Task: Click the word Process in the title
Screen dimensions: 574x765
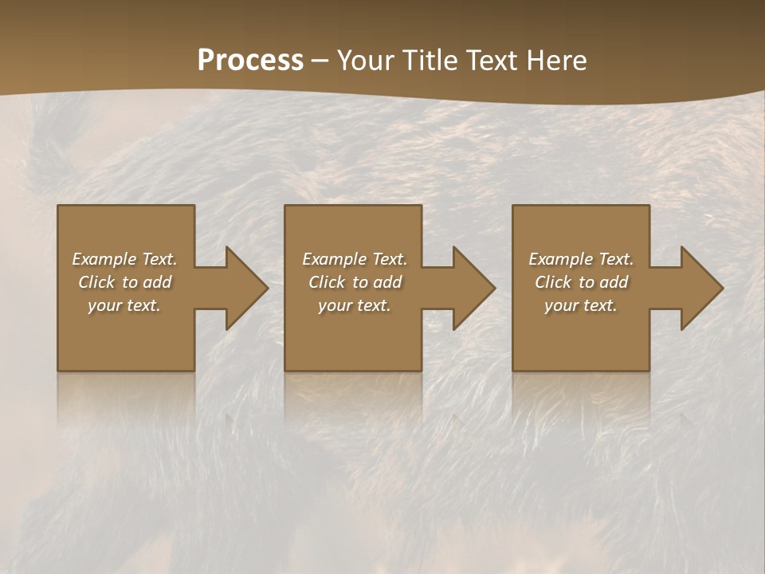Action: click(x=250, y=60)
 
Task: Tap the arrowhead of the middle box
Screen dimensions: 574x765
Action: click(x=473, y=289)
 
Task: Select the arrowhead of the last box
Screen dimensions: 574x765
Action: click(x=701, y=289)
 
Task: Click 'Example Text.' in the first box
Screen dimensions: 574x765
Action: click(x=124, y=259)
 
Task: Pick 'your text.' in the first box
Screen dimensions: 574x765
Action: click(x=124, y=305)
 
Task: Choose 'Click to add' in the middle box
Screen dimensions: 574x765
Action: click(x=355, y=282)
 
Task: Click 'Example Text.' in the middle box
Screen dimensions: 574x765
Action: click(x=355, y=259)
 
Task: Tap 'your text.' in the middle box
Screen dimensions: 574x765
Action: click(x=355, y=305)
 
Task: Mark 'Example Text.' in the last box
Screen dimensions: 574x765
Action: click(x=581, y=259)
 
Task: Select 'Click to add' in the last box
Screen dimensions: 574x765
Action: click(x=581, y=282)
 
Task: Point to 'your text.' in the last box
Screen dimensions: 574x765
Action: click(x=581, y=305)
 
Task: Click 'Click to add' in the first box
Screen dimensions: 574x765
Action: click(x=124, y=282)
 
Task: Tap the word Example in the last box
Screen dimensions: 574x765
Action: click(x=561, y=259)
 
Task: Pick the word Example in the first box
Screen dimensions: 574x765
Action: click(x=104, y=259)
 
